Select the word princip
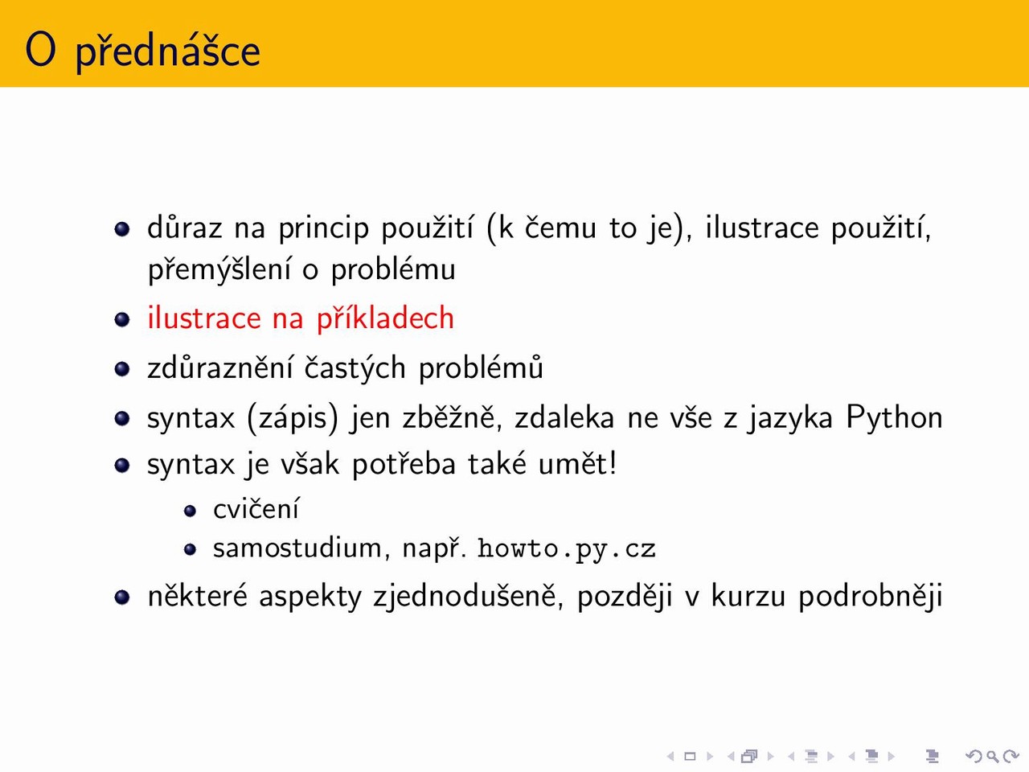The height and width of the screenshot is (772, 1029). click(324, 228)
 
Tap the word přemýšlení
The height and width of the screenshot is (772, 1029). click(219, 269)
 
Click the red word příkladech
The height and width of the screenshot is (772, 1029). click(385, 318)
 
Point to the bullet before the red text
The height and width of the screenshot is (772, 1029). click(122, 320)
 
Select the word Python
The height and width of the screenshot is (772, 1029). click(894, 417)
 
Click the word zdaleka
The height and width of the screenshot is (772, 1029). click(564, 417)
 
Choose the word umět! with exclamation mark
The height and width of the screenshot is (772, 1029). click(577, 463)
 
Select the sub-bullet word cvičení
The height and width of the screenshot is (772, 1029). click(256, 509)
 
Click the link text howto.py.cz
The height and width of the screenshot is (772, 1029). click(566, 549)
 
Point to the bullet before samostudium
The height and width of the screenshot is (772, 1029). click(190, 549)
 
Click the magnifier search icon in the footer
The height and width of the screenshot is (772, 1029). click(993, 756)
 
